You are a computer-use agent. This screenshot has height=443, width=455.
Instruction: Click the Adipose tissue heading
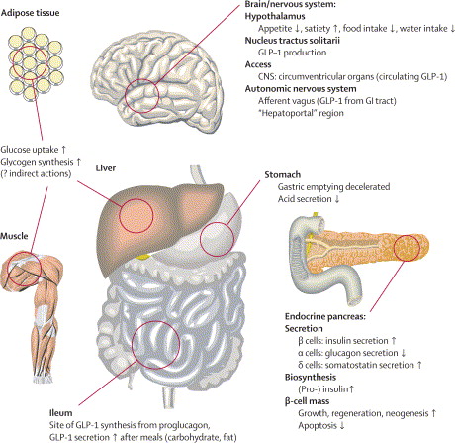click(31, 13)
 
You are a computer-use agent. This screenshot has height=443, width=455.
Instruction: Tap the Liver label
click(106, 167)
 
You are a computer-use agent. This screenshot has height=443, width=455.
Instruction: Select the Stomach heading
click(283, 174)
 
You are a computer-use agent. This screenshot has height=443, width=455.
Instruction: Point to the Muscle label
click(14, 236)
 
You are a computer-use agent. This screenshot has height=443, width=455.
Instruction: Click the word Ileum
click(61, 413)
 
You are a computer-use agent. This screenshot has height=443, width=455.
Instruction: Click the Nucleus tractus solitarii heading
click(293, 41)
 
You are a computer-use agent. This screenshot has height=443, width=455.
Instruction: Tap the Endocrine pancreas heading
click(325, 317)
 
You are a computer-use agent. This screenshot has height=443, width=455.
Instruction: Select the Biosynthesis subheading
click(311, 377)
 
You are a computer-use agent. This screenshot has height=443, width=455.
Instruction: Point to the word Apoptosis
click(318, 426)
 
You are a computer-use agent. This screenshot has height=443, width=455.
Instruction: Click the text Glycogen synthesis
click(37, 162)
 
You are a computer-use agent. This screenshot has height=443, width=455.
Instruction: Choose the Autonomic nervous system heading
click(301, 89)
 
